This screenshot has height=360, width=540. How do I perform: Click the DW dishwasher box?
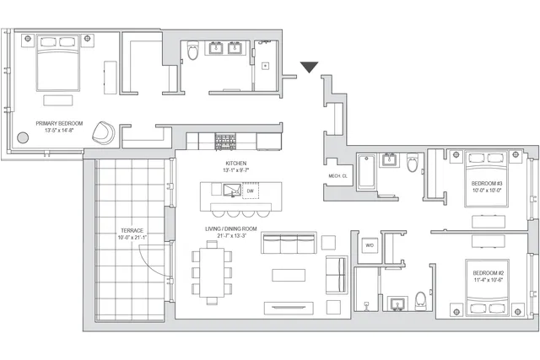pos(251,191)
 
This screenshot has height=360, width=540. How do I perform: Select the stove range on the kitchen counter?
pos(227,140)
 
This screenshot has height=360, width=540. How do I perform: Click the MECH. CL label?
pos(339,175)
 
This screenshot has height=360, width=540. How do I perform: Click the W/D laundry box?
pos(369,245)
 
